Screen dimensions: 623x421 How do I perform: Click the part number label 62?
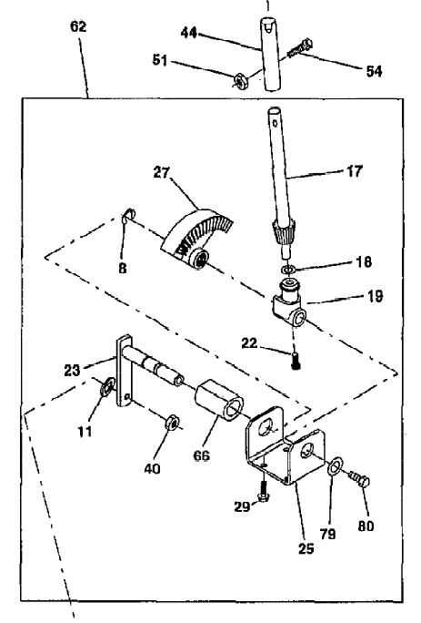[77, 26]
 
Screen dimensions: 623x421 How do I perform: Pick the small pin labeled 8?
[130, 215]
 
